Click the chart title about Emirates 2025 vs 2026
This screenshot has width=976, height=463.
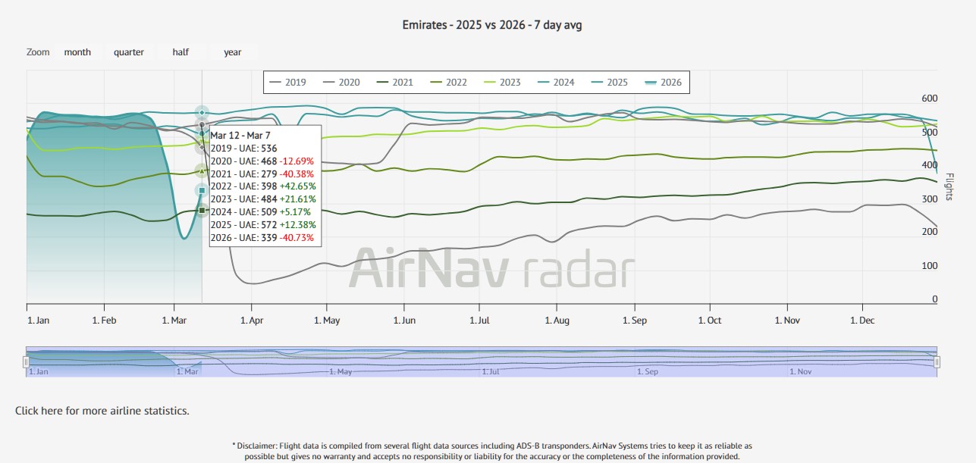pos(492,25)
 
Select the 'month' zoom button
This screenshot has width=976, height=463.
pos(77,52)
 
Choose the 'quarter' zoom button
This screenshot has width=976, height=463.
pos(128,52)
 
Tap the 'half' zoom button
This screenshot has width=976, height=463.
pos(180,52)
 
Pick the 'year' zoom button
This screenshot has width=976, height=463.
pos(232,52)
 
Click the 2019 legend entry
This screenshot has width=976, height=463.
pos(287,83)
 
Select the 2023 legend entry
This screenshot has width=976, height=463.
pos(502,83)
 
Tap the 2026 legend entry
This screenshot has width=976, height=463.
pos(663,83)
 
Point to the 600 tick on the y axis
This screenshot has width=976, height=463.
pos(930,99)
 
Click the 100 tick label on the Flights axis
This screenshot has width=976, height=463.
pos(930,266)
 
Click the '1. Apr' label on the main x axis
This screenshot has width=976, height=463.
pos(252,321)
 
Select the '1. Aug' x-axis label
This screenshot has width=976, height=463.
pos(557,321)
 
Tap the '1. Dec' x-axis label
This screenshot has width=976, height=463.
pos(862,321)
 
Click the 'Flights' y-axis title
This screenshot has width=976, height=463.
pos(949,187)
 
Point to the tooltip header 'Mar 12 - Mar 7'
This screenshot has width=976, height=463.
pos(240,136)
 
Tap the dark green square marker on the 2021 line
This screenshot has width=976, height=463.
pos(202,211)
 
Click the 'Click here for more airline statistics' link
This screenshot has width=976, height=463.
pos(102,411)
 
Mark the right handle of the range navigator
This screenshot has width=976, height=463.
pos(937,362)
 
